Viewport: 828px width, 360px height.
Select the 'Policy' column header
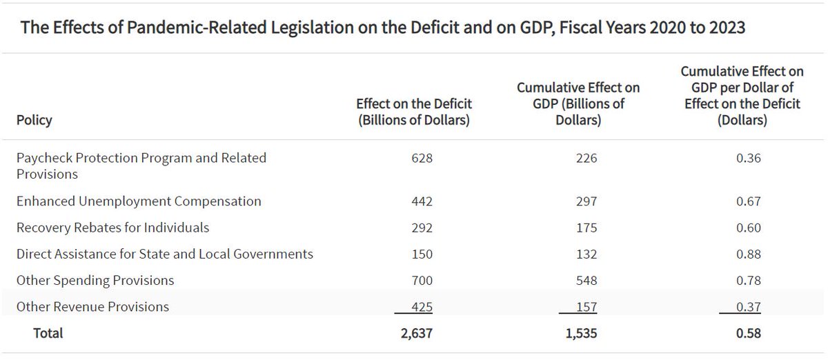(34, 120)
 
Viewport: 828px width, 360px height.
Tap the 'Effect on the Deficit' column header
(413, 111)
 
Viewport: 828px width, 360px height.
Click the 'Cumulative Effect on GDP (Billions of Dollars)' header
(579, 103)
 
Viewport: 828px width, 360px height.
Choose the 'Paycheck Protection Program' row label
(141, 166)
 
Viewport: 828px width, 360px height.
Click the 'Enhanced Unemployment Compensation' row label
(139, 201)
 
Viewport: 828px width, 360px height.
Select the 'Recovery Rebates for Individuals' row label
(112, 227)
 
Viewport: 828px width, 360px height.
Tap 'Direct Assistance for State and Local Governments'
(164, 254)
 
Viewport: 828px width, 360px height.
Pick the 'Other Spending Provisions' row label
(95, 280)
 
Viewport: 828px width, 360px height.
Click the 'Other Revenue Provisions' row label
(92, 306)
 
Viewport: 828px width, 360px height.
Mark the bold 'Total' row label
(48, 333)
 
